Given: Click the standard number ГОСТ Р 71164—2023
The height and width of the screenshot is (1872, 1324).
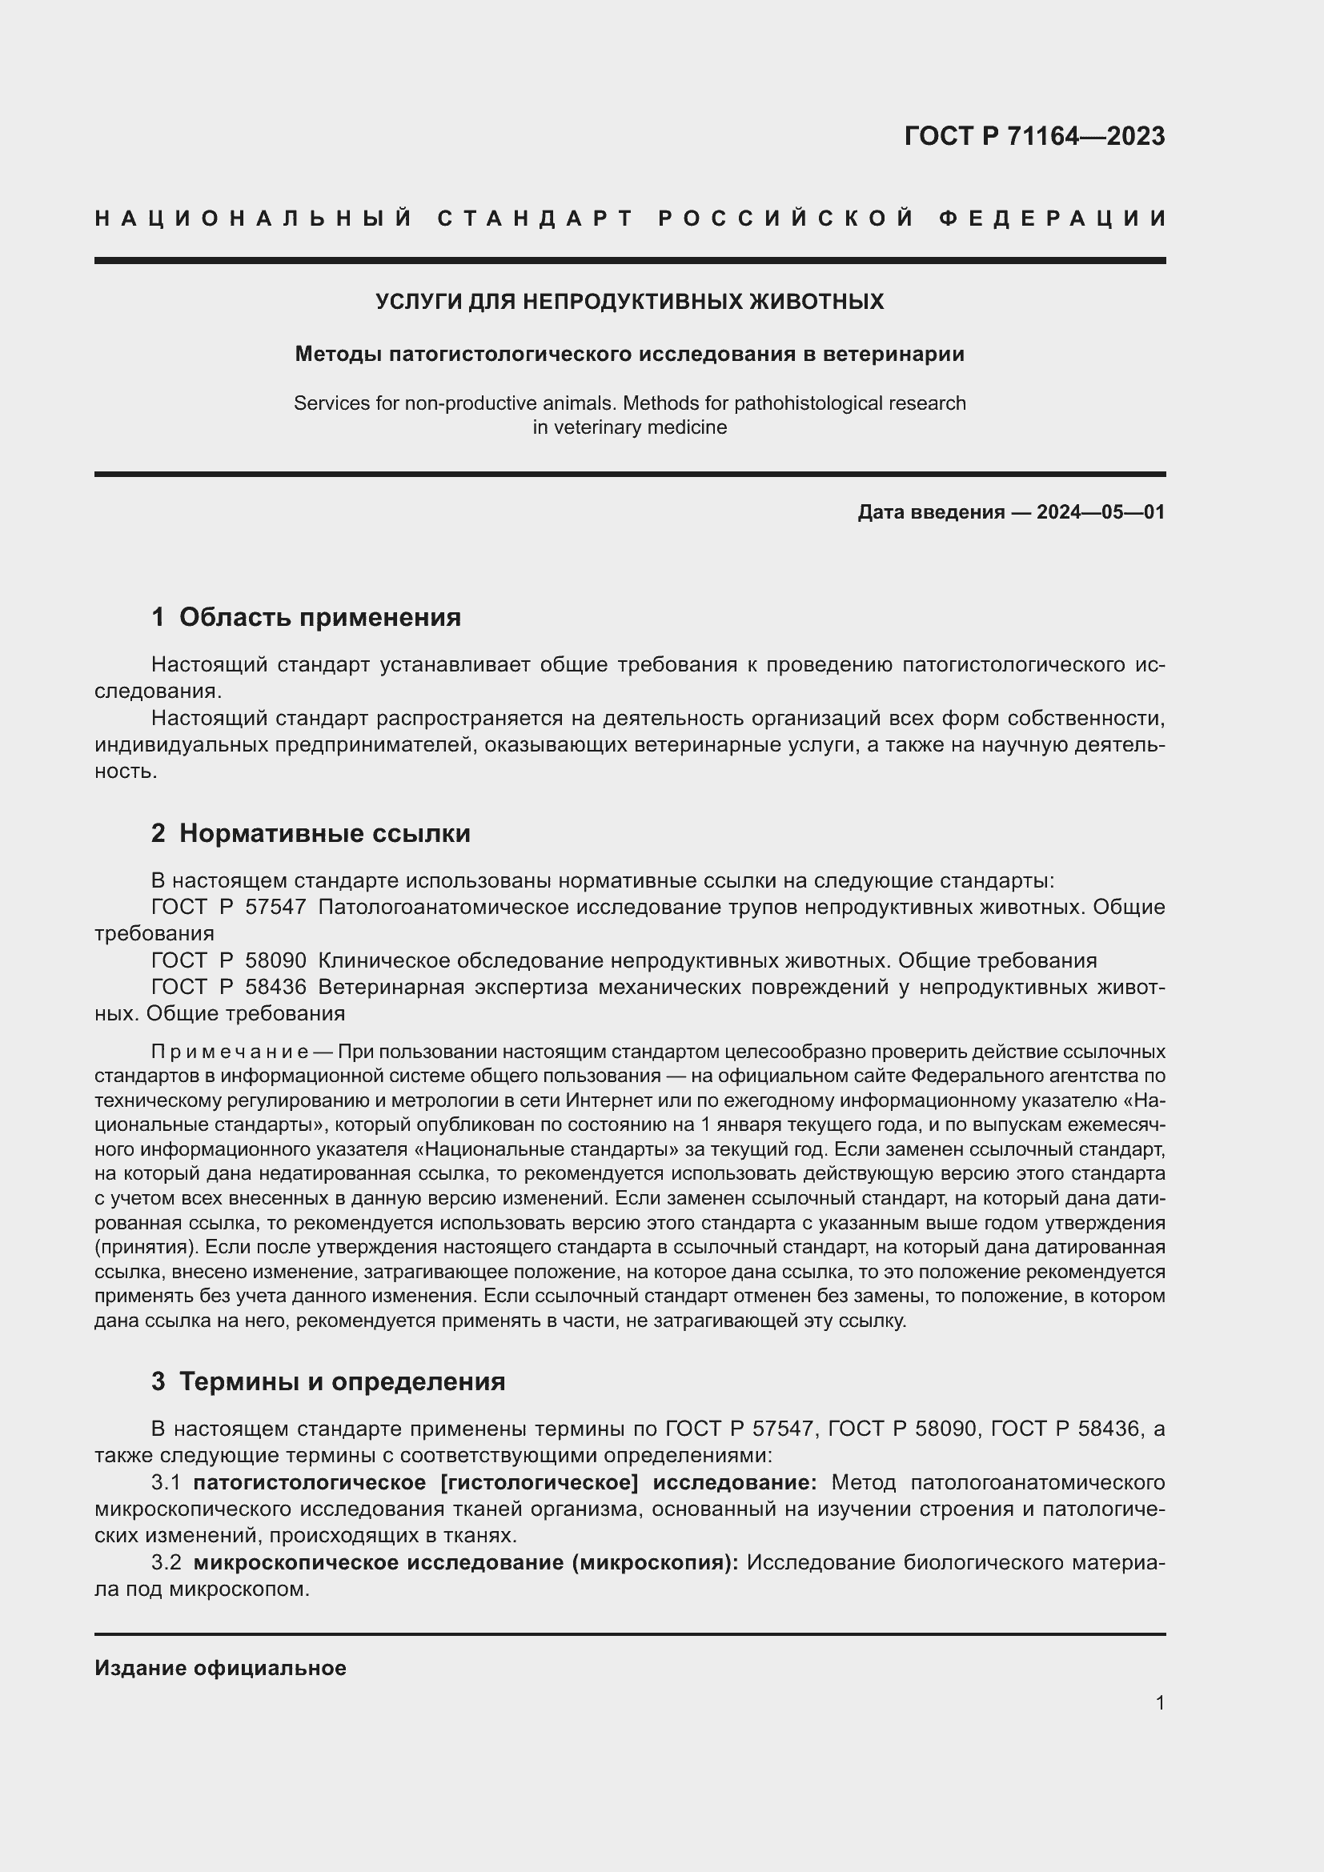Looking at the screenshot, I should click(1033, 136).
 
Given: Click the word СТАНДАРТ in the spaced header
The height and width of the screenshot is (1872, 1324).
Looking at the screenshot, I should click(536, 218).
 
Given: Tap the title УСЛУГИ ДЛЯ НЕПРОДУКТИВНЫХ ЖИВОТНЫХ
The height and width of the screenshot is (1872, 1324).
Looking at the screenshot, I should click(629, 302).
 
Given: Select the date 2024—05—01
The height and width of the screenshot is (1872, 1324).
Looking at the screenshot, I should click(1101, 512).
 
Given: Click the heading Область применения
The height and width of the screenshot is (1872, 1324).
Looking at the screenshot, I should click(319, 617).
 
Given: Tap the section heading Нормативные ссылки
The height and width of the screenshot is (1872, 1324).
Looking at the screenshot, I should click(324, 833).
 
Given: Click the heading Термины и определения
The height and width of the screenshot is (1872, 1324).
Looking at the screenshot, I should click(342, 1381).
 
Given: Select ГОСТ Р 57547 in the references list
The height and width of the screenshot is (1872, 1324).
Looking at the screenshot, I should click(229, 907).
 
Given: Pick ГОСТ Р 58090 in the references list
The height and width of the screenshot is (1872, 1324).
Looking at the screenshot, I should click(229, 960).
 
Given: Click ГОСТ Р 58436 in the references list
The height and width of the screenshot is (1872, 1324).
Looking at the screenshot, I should click(229, 987).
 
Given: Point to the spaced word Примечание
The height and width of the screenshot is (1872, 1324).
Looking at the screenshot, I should click(229, 1051).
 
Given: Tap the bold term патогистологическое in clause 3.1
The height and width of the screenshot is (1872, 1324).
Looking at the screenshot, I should click(309, 1481).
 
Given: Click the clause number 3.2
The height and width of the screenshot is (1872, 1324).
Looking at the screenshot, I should click(166, 1562).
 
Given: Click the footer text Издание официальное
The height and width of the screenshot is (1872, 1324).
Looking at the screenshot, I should click(220, 1668).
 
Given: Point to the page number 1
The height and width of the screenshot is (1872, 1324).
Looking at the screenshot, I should click(1159, 1702).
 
